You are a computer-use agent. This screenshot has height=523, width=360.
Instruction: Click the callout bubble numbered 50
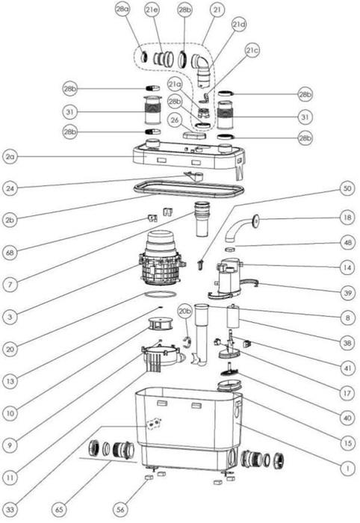(x=347, y=188)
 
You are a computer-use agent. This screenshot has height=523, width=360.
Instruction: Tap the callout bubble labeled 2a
(x=10, y=156)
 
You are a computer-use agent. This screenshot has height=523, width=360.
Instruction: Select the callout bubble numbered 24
(x=10, y=188)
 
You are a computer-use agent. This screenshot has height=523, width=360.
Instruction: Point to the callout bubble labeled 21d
(x=239, y=25)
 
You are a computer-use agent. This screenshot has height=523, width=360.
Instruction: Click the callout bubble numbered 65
(x=59, y=510)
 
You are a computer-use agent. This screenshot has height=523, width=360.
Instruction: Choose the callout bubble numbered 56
(x=120, y=510)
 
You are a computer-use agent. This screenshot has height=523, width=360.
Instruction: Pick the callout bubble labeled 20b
(x=185, y=312)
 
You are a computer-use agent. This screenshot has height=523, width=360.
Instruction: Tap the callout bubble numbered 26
(x=175, y=120)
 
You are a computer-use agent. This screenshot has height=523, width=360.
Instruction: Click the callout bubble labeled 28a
(x=122, y=9)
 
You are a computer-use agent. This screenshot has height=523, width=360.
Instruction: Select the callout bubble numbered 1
(x=347, y=468)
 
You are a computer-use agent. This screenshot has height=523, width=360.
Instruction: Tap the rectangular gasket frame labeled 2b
(x=189, y=190)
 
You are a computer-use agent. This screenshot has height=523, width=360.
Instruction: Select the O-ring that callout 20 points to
(x=160, y=294)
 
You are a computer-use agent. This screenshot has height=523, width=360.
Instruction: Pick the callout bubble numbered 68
(x=10, y=253)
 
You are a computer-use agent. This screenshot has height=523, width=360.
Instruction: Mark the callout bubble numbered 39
(x=347, y=293)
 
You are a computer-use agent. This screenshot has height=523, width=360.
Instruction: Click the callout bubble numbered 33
(x=10, y=510)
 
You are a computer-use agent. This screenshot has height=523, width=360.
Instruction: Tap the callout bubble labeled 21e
(x=152, y=9)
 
